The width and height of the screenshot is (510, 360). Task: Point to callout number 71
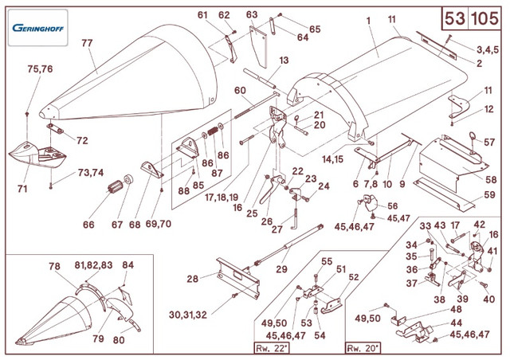tap(22, 190)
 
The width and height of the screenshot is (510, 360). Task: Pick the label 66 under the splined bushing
tap(88, 225)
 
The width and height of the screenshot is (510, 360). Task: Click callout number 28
tap(192, 279)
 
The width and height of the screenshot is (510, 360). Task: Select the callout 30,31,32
tap(187, 315)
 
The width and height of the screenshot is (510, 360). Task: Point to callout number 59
tap(489, 194)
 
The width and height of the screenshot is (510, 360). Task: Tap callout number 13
tap(283, 61)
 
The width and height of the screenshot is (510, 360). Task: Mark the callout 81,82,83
tap(93, 265)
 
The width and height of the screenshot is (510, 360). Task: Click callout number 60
tap(240, 90)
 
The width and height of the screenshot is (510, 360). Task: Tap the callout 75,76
tap(40, 69)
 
